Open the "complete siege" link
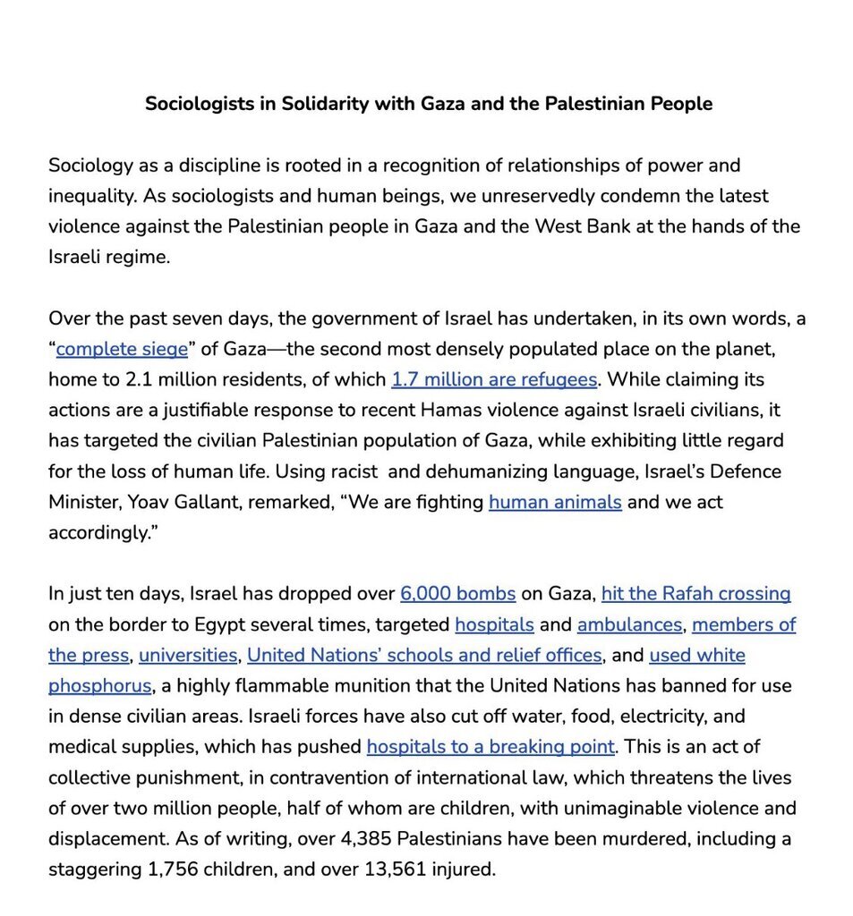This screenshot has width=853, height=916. point(122,349)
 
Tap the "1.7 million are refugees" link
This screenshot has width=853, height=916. point(494,379)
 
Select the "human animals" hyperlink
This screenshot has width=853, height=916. point(555,502)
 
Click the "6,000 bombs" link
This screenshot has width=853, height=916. point(458,594)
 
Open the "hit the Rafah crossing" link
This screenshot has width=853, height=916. point(695,594)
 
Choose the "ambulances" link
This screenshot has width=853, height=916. point(629,624)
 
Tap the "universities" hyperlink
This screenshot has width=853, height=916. point(188,656)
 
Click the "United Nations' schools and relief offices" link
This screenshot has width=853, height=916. point(424,656)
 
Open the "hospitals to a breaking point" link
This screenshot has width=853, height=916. point(490,747)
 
